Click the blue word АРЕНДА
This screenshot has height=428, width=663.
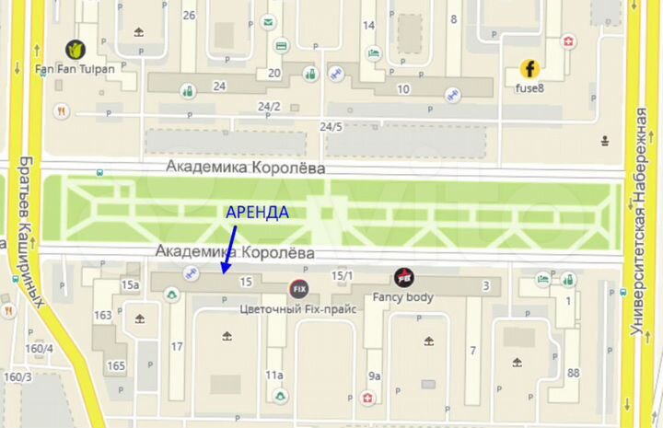[258, 212]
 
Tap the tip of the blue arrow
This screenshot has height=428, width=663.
[223, 272]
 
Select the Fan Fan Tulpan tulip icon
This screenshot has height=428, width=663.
[73, 49]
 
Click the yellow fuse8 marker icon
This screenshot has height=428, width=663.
[529, 68]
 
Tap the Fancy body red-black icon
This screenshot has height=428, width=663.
[403, 277]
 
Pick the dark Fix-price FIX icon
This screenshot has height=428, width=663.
[297, 288]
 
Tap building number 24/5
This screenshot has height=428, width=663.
[331, 126]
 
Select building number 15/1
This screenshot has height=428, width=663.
[343, 274]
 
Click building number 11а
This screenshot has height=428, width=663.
[273, 375]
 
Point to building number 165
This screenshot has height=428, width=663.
[116, 366]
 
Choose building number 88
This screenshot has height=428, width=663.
[573, 373]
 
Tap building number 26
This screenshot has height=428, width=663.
[190, 16]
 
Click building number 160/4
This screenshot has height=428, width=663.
[40, 349]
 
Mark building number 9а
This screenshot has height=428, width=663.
[374, 376]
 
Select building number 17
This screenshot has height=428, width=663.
[177, 347]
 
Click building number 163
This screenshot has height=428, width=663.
[103, 316]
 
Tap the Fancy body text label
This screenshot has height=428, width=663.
[402, 297]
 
